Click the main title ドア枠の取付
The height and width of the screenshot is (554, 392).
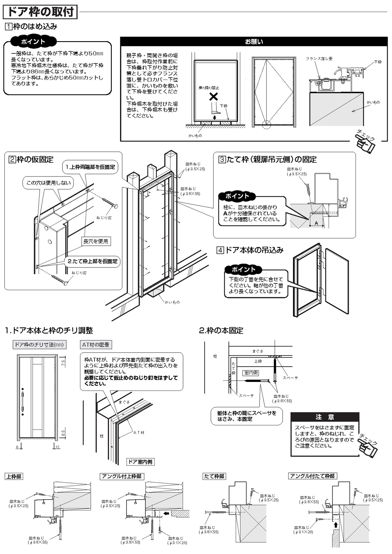pos(40,12)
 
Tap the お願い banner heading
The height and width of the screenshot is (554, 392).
pos(254,42)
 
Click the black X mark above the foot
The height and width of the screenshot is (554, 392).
pos(214,96)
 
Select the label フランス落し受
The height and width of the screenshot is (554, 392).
pos(319,59)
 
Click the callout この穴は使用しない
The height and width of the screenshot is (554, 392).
pos(49,183)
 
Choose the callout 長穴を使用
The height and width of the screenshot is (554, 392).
pos(95,242)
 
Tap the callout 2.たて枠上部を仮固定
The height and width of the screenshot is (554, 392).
pos(93,261)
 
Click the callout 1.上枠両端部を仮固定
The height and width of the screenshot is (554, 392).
pos(91,167)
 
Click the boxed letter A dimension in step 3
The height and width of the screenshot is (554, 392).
pos(316,222)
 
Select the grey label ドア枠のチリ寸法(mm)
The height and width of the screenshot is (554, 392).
pos(39,345)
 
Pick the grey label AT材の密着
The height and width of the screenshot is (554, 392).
pos(96,345)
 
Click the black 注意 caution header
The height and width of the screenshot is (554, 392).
pos(325,417)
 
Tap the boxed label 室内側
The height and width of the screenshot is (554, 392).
pos(251,373)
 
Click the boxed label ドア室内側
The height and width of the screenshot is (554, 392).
pos(140,462)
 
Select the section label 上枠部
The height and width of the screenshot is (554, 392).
pos(14,476)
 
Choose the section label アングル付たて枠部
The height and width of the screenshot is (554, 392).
pos(312,476)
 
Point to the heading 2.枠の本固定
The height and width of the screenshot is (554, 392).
pos(221,331)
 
